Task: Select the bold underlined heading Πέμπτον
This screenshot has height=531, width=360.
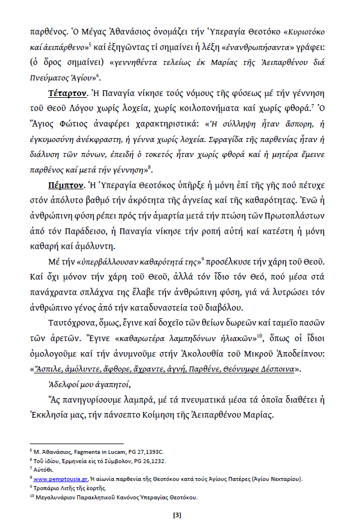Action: [66, 186]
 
